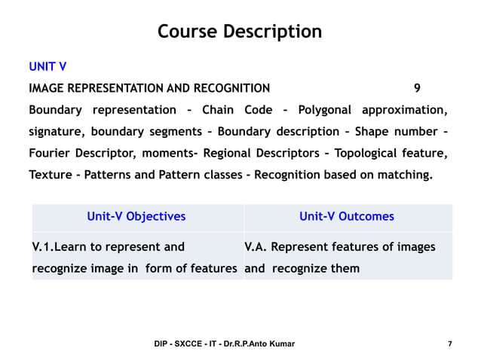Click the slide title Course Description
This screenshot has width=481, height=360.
pyautogui.click(x=240, y=32)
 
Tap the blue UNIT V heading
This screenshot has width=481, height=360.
pyautogui.click(x=47, y=67)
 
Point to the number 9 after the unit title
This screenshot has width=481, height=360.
pyautogui.click(x=418, y=88)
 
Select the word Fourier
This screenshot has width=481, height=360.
pyautogui.click(x=51, y=154)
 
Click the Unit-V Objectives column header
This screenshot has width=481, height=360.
pyautogui.click(x=136, y=217)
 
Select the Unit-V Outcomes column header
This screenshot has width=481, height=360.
pyautogui.click(x=347, y=217)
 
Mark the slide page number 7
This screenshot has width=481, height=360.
pyautogui.click(x=449, y=344)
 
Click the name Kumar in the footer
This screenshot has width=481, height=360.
pyautogui.click(x=279, y=344)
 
